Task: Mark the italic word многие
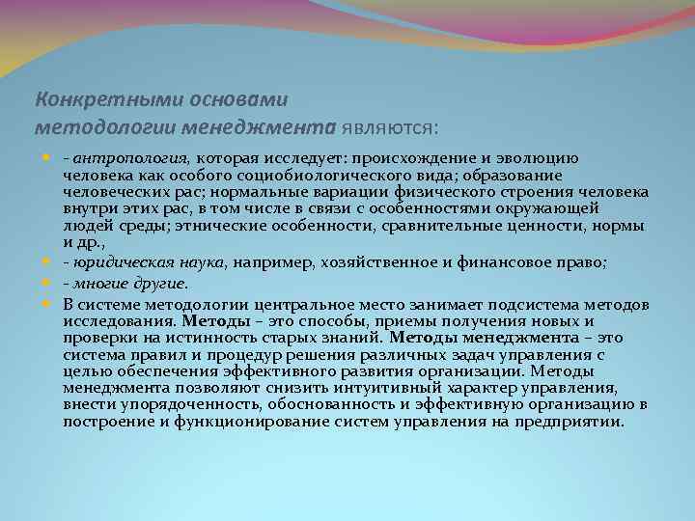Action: (x=101, y=284)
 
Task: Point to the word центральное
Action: (x=287, y=305)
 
